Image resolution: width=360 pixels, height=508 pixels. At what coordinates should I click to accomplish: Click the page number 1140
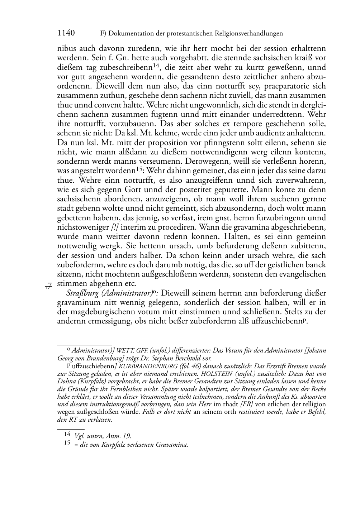66,33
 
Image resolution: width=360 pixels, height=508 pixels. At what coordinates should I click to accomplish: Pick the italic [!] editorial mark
115,227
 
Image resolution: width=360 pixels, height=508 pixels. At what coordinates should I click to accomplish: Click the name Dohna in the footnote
67,381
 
